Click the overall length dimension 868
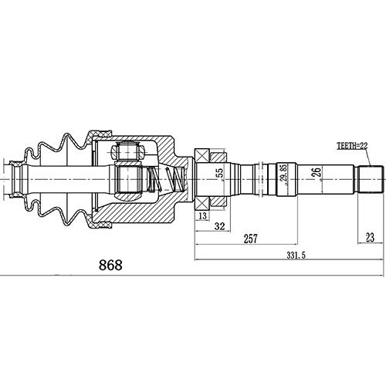[x=110, y=264]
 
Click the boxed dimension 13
[x=202, y=218]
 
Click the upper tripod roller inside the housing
[x=127, y=154]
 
